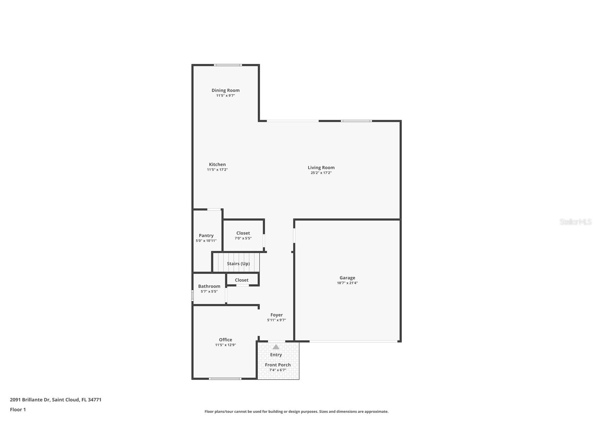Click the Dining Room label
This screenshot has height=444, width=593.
(x=225, y=90)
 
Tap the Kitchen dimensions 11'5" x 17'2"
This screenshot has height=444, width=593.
(x=217, y=170)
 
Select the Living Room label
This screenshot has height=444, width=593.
(x=321, y=168)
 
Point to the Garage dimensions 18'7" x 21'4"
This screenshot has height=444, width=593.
(x=347, y=283)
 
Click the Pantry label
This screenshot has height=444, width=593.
(x=206, y=236)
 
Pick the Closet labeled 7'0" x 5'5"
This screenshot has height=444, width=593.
(x=243, y=233)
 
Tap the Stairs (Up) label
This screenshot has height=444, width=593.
(x=238, y=264)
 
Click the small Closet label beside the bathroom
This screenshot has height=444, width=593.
(x=241, y=280)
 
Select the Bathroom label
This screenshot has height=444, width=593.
(x=209, y=286)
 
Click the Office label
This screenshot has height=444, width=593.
(x=225, y=340)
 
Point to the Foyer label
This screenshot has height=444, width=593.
(x=276, y=315)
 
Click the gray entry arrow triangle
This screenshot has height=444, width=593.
(x=276, y=347)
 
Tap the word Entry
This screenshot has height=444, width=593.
(x=276, y=355)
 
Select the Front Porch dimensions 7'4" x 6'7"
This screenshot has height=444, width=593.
(x=277, y=370)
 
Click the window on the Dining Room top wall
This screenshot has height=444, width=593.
(x=228, y=65)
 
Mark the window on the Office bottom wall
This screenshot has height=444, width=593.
(x=225, y=379)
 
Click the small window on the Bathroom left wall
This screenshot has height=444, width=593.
(x=193, y=296)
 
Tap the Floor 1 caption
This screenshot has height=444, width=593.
(x=18, y=409)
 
